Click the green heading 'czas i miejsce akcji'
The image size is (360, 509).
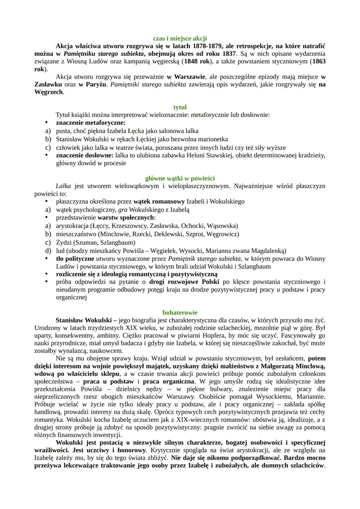180,38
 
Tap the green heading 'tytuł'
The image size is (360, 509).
180,107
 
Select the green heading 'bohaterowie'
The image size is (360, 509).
180,312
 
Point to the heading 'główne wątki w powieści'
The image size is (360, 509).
180,178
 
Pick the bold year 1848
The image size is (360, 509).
191,61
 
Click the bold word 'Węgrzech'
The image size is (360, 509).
49,92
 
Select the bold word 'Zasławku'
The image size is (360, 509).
48,84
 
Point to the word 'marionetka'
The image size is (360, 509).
212,139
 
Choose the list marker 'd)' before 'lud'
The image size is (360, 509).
48,250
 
